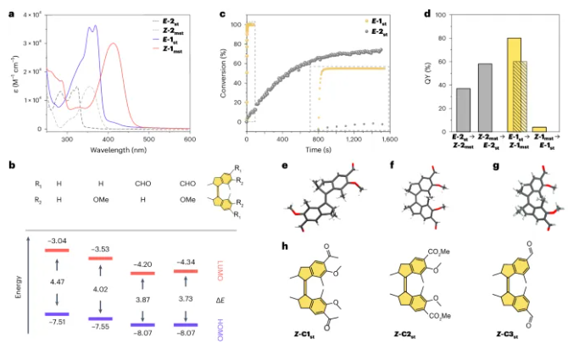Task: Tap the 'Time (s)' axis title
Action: pos(360,149)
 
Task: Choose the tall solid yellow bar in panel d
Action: pos(514,85)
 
